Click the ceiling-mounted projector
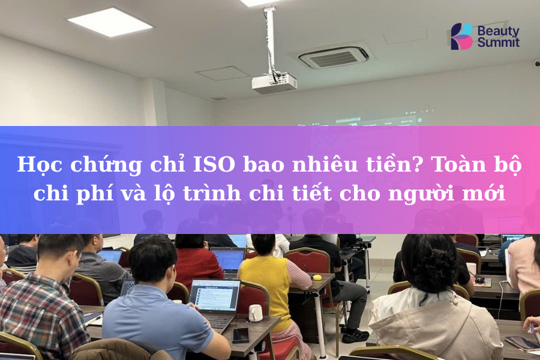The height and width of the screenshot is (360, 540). [274, 82]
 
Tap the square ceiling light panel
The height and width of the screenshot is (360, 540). [110, 22]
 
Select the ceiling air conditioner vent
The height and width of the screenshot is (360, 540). [334, 57]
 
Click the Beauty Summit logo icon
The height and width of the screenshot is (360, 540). [461, 36]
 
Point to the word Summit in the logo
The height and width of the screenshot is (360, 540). [499, 43]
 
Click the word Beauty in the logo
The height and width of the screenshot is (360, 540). [498, 30]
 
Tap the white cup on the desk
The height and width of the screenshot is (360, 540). [256, 312]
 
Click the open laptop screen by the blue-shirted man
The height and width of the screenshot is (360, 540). [214, 295]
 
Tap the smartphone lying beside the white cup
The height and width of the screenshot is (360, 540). [241, 335]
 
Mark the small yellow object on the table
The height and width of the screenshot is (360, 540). [317, 277]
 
